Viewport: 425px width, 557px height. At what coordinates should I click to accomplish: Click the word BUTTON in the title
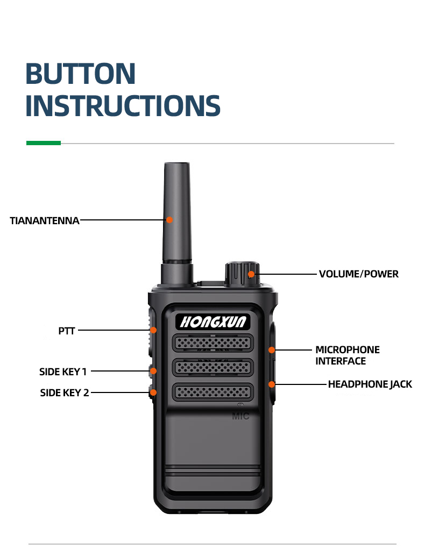tap(80, 74)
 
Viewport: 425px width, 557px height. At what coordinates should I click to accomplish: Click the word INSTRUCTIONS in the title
tap(123, 106)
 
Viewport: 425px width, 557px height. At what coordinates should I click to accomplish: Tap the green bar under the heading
tap(44, 143)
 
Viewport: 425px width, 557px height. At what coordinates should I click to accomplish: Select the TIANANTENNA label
tap(45, 220)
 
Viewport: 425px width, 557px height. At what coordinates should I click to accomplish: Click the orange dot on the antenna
tap(169, 219)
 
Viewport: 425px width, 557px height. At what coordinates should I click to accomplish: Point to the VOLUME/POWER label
tap(358, 274)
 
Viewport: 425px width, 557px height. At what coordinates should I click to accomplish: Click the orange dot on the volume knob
tap(251, 274)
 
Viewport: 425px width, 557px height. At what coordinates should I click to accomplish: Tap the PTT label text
tap(67, 331)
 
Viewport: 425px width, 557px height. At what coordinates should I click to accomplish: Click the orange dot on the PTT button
tap(153, 330)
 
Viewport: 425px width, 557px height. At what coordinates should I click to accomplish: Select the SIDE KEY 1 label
tap(63, 372)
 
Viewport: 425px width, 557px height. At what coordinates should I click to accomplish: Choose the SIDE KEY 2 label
tap(65, 392)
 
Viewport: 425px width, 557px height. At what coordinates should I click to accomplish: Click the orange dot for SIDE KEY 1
tap(153, 371)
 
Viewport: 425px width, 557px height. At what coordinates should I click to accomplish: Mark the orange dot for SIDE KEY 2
tap(153, 392)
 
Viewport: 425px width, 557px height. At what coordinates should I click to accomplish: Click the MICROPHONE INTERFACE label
tap(348, 355)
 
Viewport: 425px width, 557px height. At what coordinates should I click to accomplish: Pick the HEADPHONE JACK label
tap(370, 384)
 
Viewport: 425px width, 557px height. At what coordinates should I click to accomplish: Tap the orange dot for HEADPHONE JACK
tap(272, 384)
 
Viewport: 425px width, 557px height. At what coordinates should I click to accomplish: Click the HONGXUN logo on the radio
tap(213, 322)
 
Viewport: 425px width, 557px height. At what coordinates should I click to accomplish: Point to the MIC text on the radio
tap(240, 416)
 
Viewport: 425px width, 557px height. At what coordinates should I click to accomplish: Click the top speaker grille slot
tap(213, 342)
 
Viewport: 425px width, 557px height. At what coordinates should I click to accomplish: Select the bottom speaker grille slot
tap(213, 391)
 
